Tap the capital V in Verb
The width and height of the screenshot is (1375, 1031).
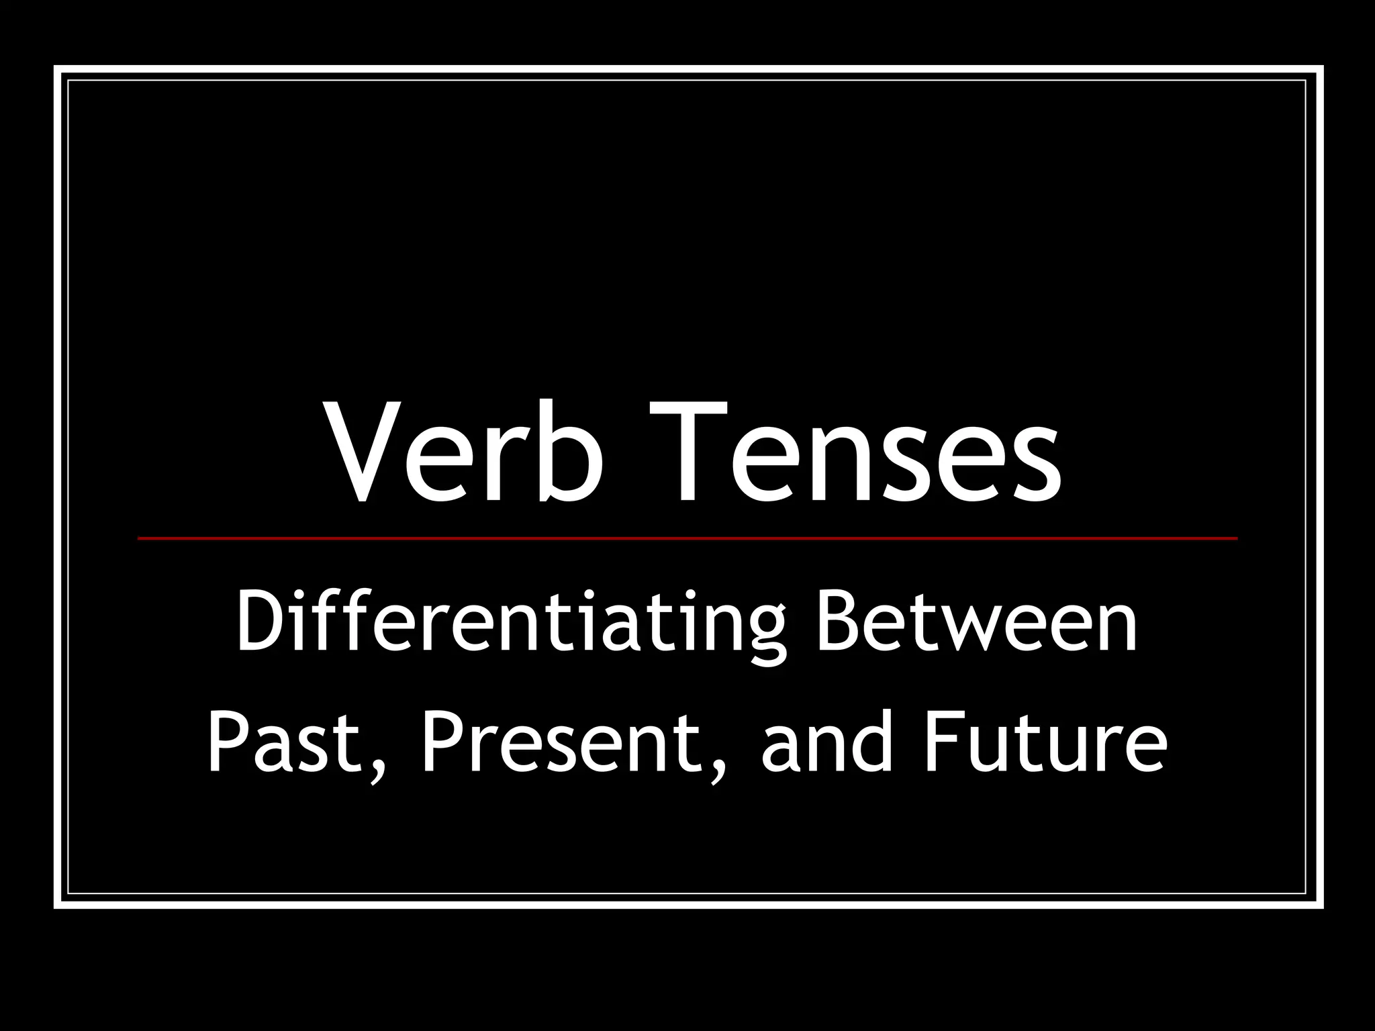(x=363, y=452)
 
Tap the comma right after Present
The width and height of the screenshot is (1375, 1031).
(x=718, y=772)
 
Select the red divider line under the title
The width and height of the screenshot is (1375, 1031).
(x=687, y=538)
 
